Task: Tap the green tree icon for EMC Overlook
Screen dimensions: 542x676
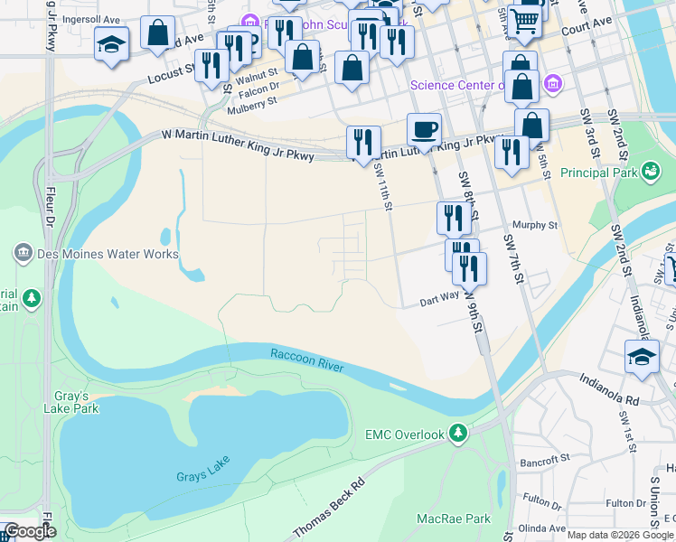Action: (x=459, y=435)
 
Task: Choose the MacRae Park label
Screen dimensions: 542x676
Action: (x=453, y=519)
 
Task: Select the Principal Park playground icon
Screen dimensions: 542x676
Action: (x=649, y=171)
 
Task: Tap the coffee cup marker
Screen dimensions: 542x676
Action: (x=424, y=129)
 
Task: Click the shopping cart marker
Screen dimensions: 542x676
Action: (x=524, y=20)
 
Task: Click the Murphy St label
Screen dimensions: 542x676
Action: (x=536, y=225)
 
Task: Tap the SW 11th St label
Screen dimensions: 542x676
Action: (x=382, y=192)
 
